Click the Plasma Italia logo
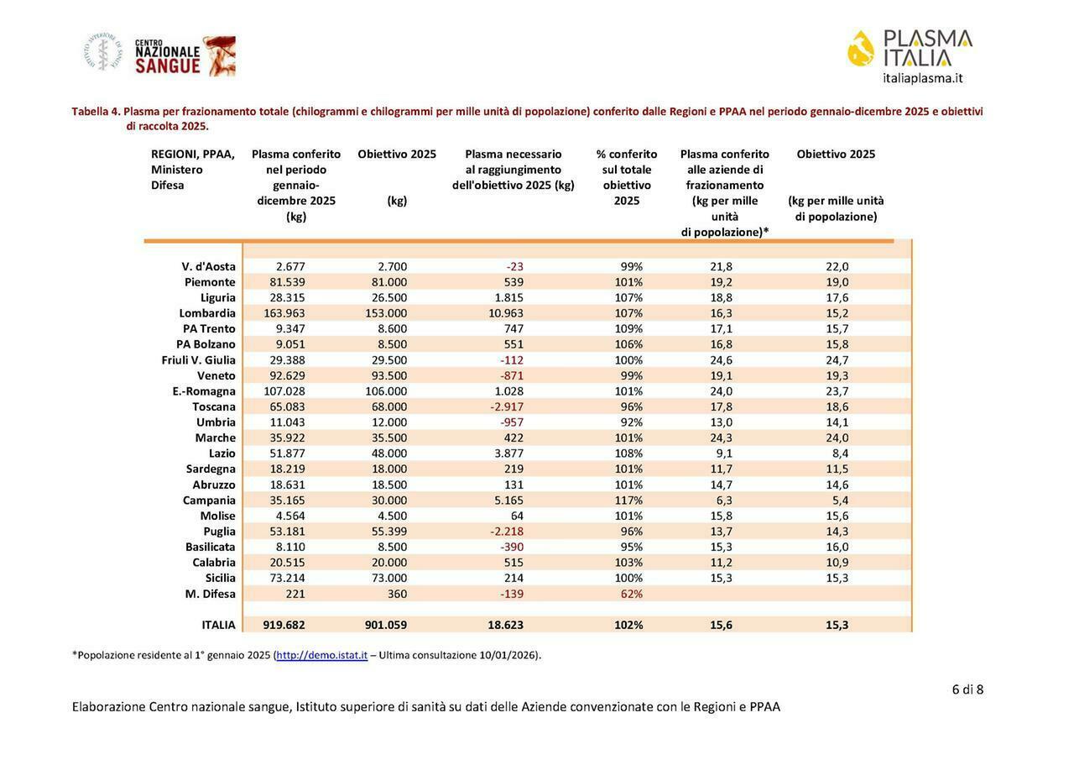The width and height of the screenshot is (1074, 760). click(x=910, y=49)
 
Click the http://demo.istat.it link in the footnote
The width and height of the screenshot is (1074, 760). click(x=322, y=655)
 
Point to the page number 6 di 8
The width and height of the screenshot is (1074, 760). click(x=967, y=689)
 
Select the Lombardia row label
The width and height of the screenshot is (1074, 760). click(x=207, y=313)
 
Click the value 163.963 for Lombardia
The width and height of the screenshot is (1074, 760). click(x=284, y=313)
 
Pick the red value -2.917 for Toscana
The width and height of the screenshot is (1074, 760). click(x=507, y=406)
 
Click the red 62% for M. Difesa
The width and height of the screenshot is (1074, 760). click(x=631, y=594)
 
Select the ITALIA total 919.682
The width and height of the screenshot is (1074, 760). click(x=284, y=625)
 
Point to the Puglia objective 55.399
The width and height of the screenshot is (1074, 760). click(x=389, y=532)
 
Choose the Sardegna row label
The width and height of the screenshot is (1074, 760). click(x=211, y=469)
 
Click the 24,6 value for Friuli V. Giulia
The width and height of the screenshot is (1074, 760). click(x=722, y=360)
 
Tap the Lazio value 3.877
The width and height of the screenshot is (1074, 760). click(x=508, y=453)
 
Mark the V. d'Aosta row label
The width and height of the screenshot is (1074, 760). click(x=208, y=266)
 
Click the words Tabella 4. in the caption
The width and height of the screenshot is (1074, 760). click(x=96, y=111)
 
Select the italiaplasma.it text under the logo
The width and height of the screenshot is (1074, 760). click(x=922, y=78)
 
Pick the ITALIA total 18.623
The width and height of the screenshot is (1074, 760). click(x=506, y=625)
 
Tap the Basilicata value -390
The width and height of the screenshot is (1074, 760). click(x=512, y=547)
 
